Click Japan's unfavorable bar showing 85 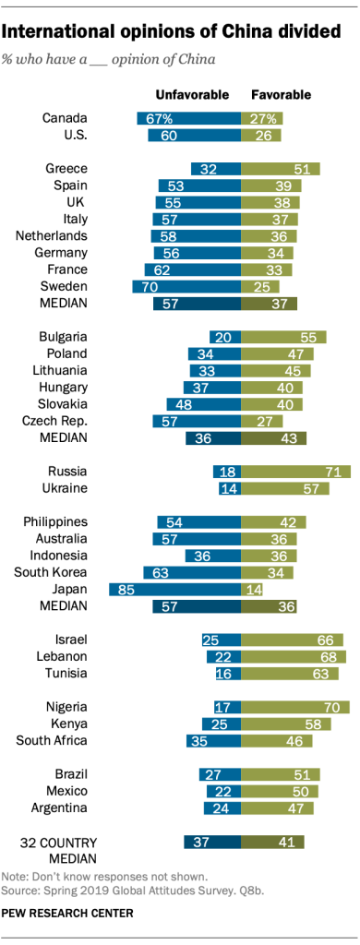tap(174, 589)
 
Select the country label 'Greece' tap(66, 169)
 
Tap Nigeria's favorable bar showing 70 tap(294, 706)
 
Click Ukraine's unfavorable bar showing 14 tap(229, 488)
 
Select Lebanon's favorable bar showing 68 tap(293, 655)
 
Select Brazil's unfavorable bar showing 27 tap(220, 773)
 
